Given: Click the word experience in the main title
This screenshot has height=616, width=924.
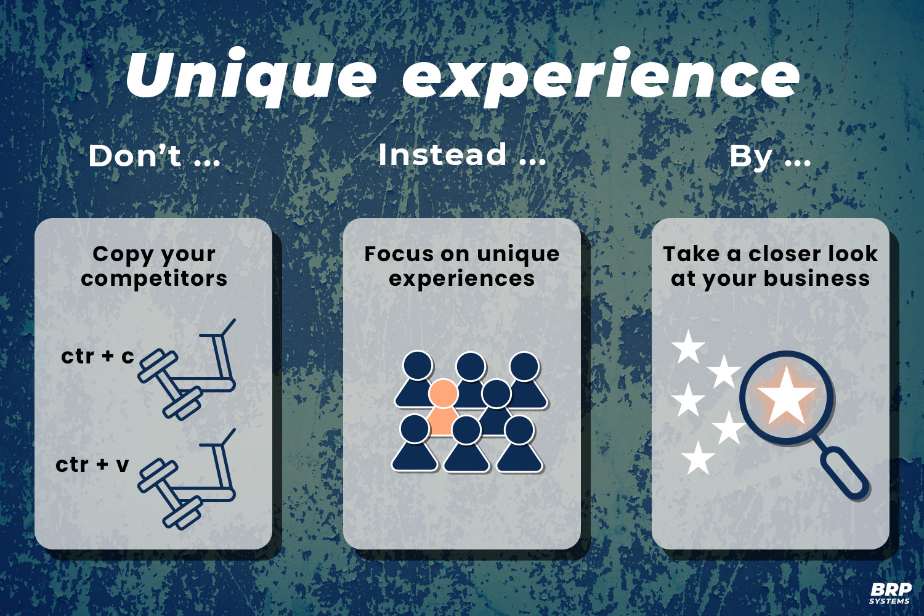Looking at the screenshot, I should coord(601,77).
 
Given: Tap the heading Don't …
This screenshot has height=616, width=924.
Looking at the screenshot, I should coord(154,156).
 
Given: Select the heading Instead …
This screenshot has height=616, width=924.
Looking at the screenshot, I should coord(462,155).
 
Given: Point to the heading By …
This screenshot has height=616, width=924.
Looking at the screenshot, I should coord(770,156).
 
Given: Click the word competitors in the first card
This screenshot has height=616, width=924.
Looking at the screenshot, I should coord(154,278).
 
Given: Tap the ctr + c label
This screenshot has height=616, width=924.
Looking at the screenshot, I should coord(97,356).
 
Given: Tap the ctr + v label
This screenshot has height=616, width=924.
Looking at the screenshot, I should coord(92,464).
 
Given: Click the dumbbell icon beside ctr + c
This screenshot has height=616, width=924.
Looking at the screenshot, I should coord(169,384).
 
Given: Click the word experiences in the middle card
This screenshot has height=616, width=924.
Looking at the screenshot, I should coord(462,278).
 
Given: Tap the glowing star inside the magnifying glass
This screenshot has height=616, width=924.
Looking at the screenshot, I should coord(787,396).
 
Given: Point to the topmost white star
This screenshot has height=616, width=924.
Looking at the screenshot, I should coord(688,347).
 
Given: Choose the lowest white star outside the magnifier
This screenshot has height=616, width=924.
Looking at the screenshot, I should coord(698,458).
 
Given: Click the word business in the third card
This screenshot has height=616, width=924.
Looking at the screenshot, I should coord(817,278).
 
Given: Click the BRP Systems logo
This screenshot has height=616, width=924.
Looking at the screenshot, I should coord(891,593).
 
